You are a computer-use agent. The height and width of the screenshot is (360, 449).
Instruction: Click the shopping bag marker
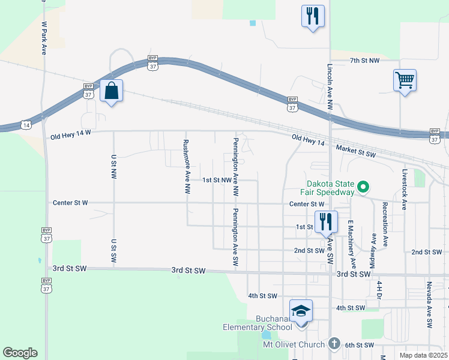(111, 92)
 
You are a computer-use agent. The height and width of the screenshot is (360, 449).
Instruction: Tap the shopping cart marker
(405, 80)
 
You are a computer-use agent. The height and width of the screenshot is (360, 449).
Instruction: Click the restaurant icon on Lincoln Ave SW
(326, 221)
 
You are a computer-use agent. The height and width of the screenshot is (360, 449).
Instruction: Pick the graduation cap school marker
(301, 311)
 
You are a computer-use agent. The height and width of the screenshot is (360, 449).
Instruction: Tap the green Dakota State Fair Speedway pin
(363, 188)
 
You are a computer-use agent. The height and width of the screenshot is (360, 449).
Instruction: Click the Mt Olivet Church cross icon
(334, 344)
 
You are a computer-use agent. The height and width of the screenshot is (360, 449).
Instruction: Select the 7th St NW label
(365, 61)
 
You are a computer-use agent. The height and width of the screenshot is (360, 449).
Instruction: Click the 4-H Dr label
(379, 290)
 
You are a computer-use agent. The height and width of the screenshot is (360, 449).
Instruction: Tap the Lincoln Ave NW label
(330, 86)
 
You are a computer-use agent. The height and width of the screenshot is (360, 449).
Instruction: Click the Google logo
(20, 353)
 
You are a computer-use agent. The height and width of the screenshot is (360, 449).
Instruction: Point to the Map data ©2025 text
(423, 355)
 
